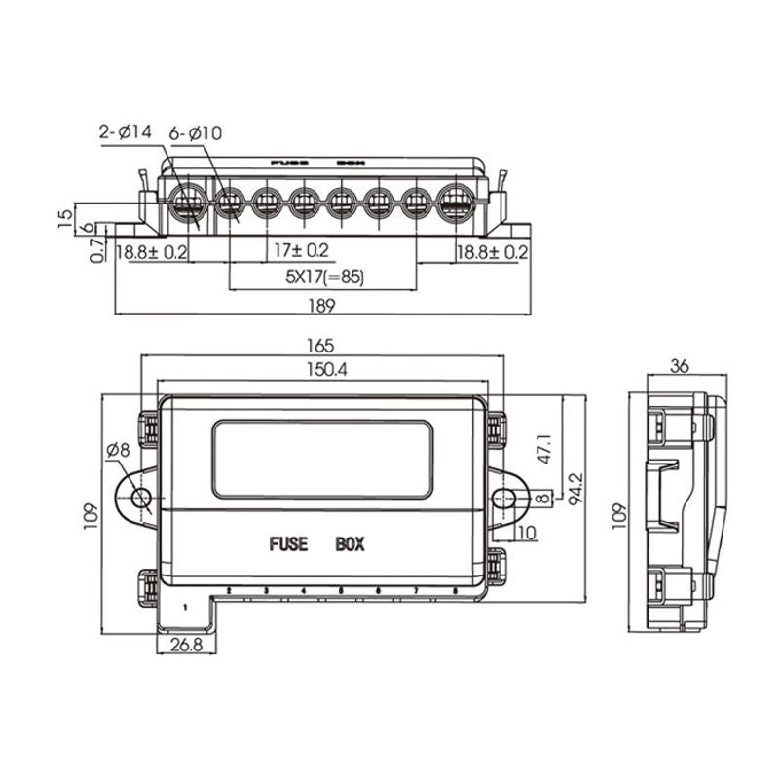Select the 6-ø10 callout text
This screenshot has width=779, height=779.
point(196,131)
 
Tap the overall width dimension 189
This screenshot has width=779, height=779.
point(322,306)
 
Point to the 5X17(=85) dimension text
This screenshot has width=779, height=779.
point(323,278)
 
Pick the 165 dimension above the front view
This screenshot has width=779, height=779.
point(321,345)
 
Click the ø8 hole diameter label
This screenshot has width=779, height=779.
point(117,450)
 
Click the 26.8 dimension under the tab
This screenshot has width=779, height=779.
point(185,646)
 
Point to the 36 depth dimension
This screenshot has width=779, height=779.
point(680,366)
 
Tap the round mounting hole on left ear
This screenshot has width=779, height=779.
point(140,500)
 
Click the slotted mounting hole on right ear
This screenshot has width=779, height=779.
point(503,499)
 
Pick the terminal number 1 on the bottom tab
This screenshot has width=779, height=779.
point(185,607)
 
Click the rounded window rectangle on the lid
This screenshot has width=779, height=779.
point(322,460)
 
